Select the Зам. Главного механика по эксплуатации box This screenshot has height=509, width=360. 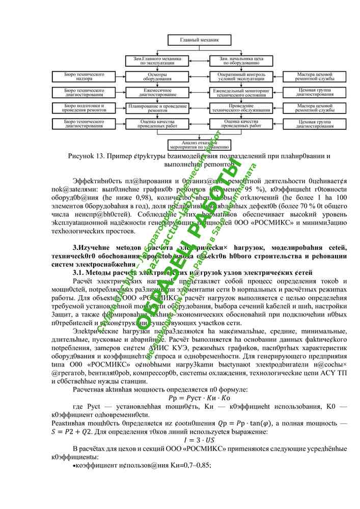(153, 61)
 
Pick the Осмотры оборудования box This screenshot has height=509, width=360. (153, 77)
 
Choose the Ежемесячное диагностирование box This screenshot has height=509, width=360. (153, 93)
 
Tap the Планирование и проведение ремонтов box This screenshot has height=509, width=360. (153, 108)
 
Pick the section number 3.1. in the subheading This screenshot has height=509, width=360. (80, 273)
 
